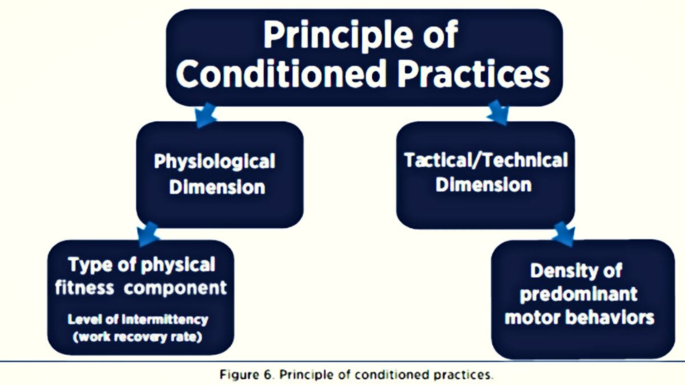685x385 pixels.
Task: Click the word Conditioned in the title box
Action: (280, 74)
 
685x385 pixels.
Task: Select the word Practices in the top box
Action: (474, 74)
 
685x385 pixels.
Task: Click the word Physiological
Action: (215, 162)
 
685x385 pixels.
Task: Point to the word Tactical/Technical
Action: (486, 160)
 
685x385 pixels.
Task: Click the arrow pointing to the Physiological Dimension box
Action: (205, 115)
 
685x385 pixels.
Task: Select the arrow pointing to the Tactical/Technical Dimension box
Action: (498, 112)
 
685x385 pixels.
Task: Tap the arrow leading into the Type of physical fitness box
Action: (148, 233)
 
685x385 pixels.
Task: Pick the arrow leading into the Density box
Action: (565, 233)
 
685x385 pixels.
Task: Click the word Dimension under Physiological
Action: (217, 187)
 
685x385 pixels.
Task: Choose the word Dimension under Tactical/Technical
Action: (483, 185)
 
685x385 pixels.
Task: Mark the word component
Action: (175, 289)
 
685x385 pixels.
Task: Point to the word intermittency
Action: (165, 319)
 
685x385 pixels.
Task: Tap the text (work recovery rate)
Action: (138, 337)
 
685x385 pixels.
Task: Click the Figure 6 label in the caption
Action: (245, 375)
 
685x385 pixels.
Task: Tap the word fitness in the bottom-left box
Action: (84, 288)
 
